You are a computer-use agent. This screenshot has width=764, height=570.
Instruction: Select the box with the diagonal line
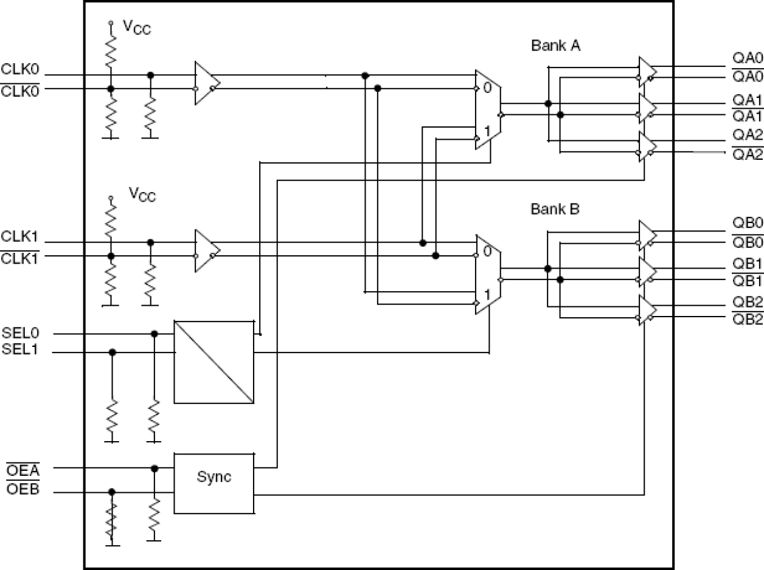(x=214, y=362)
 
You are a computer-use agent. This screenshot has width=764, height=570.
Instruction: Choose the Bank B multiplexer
(x=488, y=275)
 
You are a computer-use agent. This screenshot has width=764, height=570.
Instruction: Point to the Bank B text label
(x=555, y=210)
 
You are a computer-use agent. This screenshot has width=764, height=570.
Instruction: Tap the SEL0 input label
(x=21, y=334)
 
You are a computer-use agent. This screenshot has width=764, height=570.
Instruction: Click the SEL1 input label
(x=21, y=349)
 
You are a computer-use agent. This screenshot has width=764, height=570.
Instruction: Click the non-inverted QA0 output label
(x=747, y=59)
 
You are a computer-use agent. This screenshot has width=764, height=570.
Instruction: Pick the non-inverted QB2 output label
(x=747, y=303)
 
